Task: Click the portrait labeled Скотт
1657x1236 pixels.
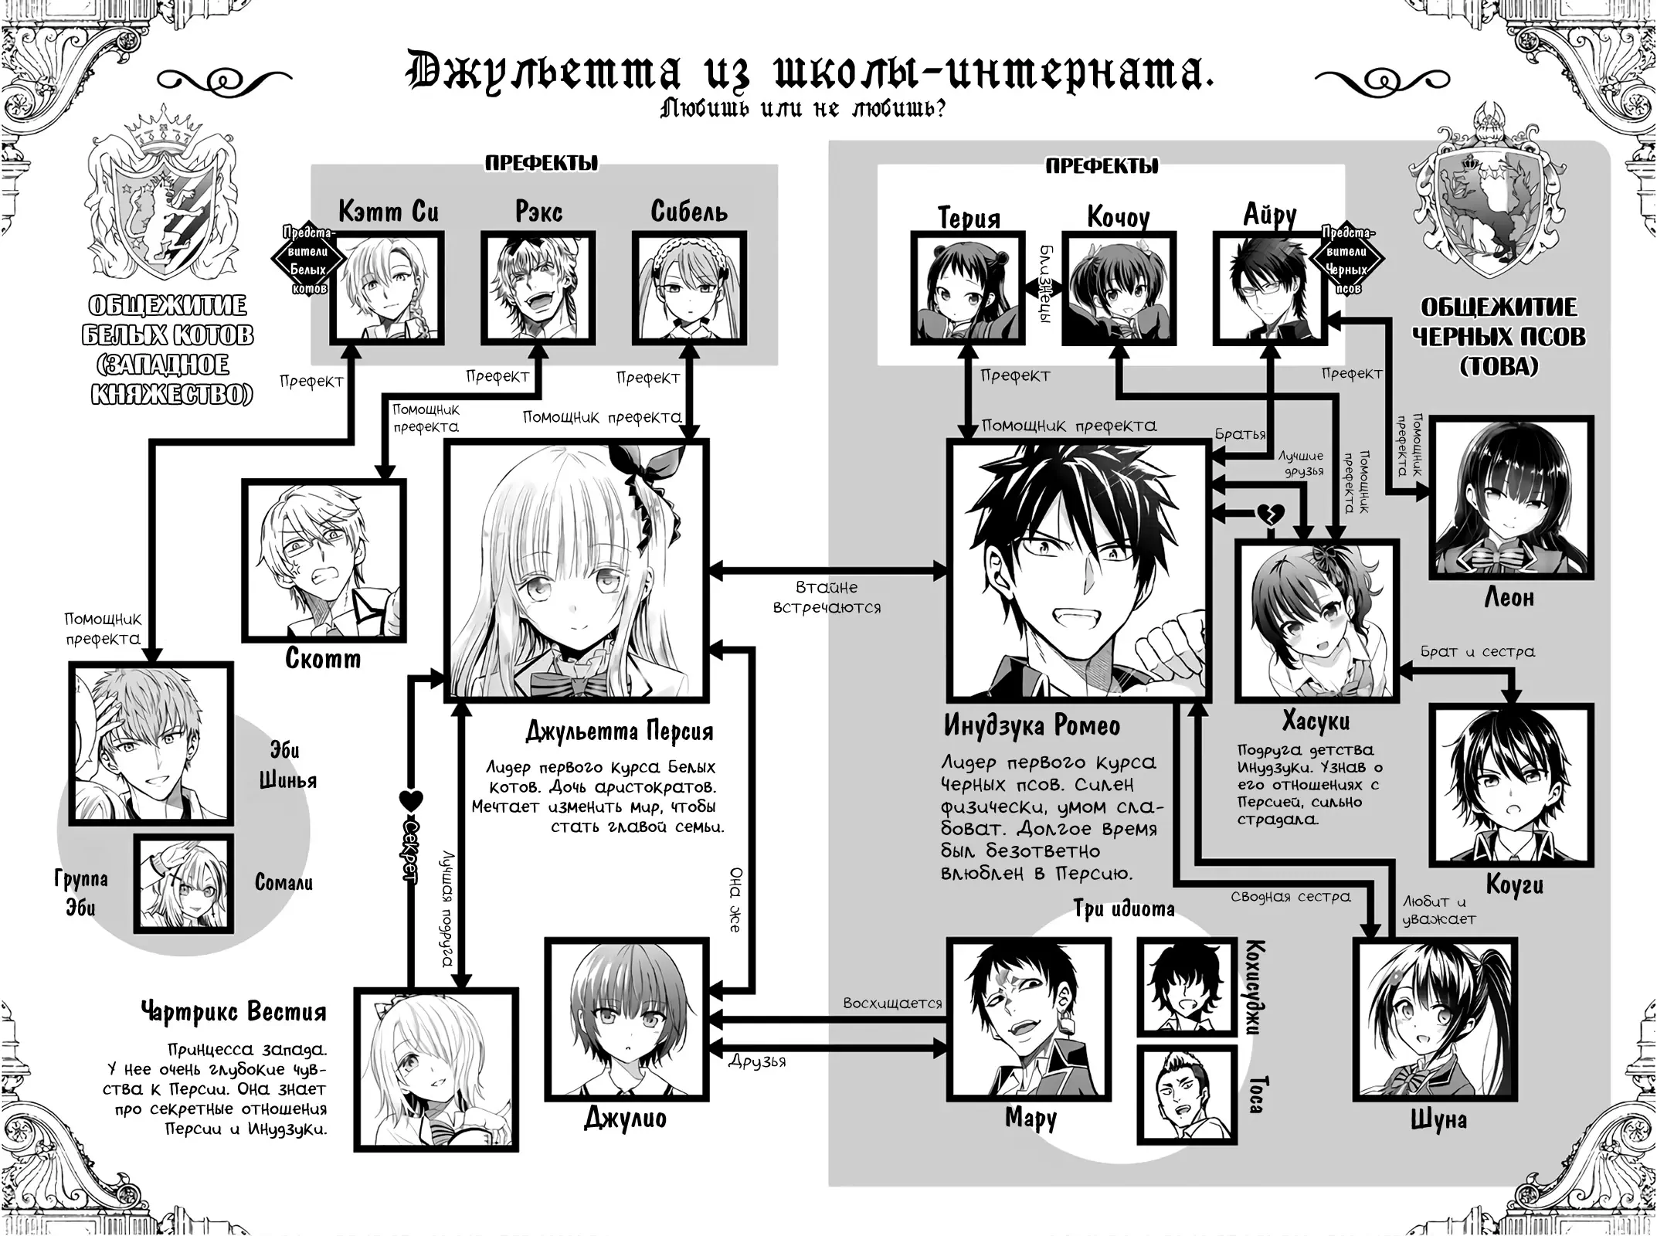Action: [324, 560]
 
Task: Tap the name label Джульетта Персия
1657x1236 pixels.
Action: [619, 730]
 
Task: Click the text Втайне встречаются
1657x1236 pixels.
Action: [827, 597]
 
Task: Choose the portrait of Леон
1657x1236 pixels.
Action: [1511, 498]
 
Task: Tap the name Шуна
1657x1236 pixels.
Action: [1438, 1120]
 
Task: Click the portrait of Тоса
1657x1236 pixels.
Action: [1186, 1094]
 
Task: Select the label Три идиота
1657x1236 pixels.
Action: [1124, 909]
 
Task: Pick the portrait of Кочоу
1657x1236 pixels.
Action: [1119, 288]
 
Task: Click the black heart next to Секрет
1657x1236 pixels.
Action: [410, 802]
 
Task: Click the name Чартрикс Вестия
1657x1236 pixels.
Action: [233, 1011]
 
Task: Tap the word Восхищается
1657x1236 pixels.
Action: [892, 1003]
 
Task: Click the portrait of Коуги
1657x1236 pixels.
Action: [1512, 784]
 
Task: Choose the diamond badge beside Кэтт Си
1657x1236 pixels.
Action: [308, 260]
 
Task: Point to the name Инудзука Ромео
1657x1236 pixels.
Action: [1032, 725]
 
